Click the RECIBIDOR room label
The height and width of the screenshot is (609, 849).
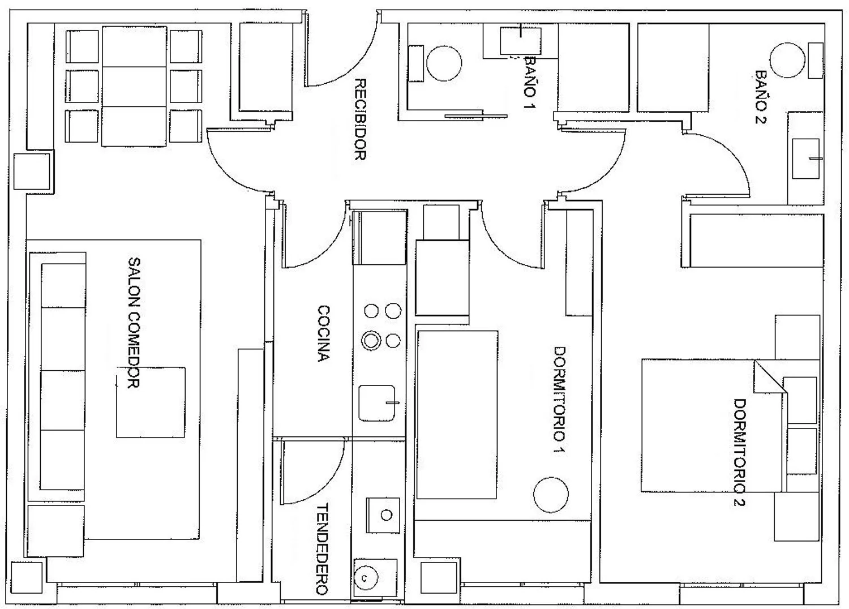click(361, 119)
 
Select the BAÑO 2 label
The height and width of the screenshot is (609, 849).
click(761, 97)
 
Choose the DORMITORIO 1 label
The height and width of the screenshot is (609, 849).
click(559, 401)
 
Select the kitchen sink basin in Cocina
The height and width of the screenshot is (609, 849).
click(377, 403)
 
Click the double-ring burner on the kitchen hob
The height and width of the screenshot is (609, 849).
click(371, 340)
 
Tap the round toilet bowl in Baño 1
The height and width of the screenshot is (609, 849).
click(444, 63)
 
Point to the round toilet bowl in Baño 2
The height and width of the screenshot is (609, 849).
click(787, 60)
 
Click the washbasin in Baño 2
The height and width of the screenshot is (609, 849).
click(806, 158)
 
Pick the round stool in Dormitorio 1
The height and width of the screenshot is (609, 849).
click(551, 495)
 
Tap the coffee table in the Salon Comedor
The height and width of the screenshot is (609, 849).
click(151, 402)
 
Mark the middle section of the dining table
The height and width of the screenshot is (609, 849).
click(134, 87)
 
